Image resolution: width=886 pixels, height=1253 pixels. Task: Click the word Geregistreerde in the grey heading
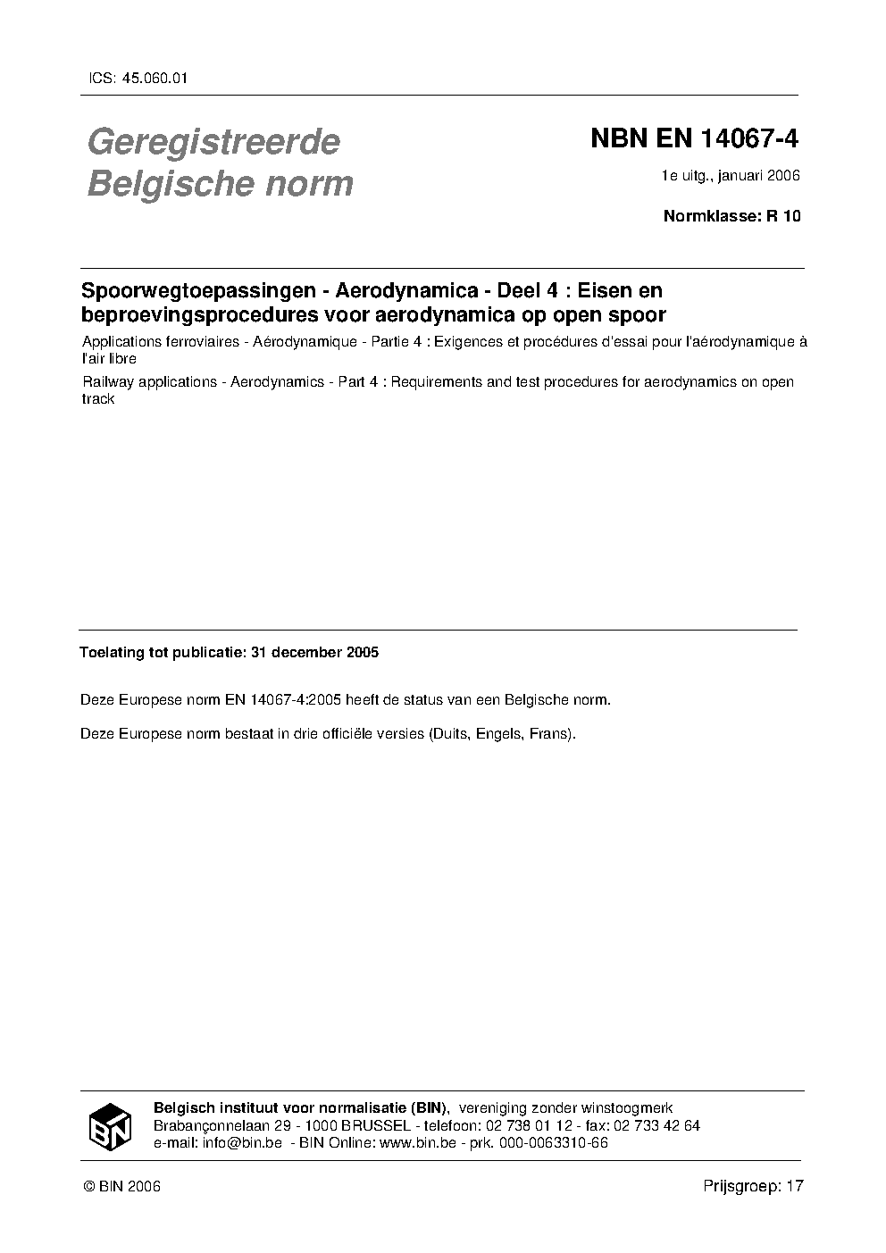(213, 142)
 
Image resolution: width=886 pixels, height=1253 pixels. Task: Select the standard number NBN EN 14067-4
(694, 139)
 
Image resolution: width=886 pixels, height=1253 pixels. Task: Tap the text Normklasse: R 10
(731, 216)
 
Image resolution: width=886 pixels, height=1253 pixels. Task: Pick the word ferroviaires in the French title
(207, 342)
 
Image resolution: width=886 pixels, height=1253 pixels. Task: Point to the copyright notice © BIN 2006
(121, 1187)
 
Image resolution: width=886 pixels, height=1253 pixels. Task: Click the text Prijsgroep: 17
(753, 1186)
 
